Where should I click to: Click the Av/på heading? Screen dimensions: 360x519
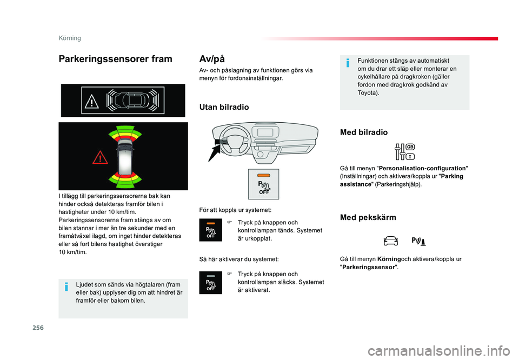click(212, 58)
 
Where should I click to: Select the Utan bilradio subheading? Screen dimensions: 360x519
click(224, 107)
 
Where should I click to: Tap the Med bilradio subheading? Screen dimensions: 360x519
click(364, 132)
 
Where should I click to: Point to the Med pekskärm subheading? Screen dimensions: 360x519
click(368, 217)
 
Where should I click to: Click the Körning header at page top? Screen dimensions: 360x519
click(70, 38)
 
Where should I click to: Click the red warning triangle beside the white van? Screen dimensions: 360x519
click(99, 157)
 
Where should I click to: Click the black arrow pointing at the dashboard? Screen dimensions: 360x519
click(215, 152)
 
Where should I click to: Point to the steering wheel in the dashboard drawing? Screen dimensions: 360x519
click(232, 140)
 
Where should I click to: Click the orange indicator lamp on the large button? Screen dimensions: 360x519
click(264, 176)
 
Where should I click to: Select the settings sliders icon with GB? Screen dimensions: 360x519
click(404, 152)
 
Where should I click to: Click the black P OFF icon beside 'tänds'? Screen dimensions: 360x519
click(210, 230)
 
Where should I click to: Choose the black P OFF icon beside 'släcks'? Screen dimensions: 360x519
click(210, 283)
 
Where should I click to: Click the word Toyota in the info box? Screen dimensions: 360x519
click(368, 92)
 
